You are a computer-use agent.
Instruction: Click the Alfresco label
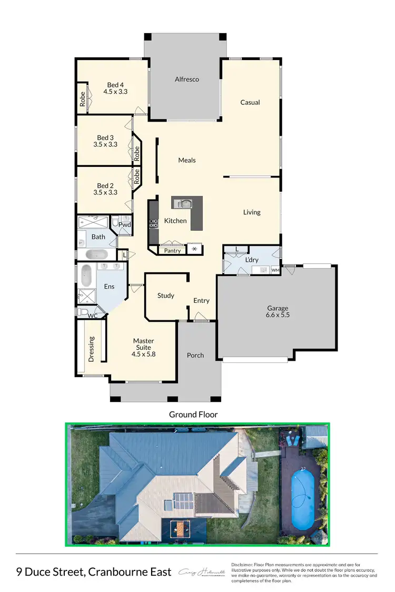(187, 80)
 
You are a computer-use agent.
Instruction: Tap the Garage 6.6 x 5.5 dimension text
(278, 314)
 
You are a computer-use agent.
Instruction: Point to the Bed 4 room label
(115, 85)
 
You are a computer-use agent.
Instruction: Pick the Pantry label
(172, 251)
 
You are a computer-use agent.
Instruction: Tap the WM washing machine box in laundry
(275, 270)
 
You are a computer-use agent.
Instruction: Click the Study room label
(166, 295)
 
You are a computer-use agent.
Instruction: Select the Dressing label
(91, 349)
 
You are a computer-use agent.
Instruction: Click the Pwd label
(124, 225)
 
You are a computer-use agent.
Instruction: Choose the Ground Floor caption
(193, 415)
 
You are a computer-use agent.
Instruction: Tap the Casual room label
(250, 102)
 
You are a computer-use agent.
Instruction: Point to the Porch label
(195, 355)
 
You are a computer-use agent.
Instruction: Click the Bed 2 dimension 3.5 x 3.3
(105, 193)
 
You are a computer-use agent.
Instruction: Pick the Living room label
(252, 212)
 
